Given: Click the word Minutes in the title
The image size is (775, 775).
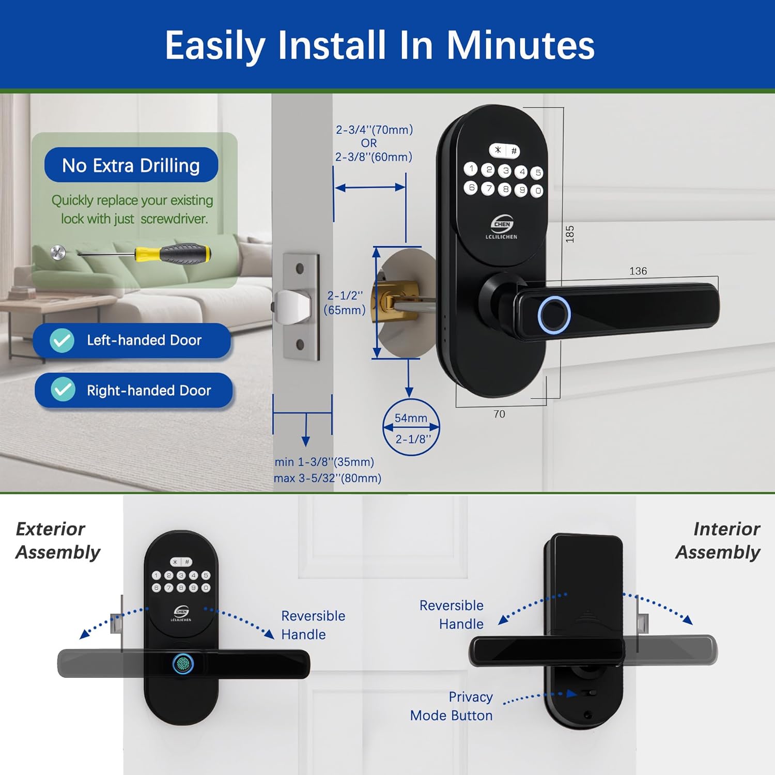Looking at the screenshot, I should coord(520,45).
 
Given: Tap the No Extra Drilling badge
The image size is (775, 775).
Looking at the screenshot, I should coord(131,165).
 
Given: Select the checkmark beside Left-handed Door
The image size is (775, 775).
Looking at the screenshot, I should coord(62,340).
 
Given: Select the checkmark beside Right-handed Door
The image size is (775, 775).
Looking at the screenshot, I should coord(63,390).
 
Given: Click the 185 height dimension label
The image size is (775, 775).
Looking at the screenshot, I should coord(570,234).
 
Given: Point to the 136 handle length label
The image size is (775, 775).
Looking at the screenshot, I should coord(638,271).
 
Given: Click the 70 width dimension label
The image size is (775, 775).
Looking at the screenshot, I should coord(499,414).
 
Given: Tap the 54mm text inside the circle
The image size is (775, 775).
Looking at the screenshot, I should coord(411,418).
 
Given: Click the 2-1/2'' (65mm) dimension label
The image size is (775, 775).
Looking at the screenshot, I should coord(345,303).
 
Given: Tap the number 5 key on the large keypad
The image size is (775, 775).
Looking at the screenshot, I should coord(538,173).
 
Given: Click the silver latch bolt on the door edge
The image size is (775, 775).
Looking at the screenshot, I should coord(293,306).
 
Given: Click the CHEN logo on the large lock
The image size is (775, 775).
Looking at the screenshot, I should coord(502,224).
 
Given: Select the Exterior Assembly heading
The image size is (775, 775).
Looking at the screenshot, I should coord(58,540).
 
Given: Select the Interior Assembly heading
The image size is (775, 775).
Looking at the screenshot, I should coord(718,540).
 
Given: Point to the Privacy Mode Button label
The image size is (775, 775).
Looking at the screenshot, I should coord(452,706).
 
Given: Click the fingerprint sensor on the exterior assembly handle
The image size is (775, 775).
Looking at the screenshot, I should coord(183,664).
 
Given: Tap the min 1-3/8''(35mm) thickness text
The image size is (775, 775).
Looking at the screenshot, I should coord(324,462).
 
